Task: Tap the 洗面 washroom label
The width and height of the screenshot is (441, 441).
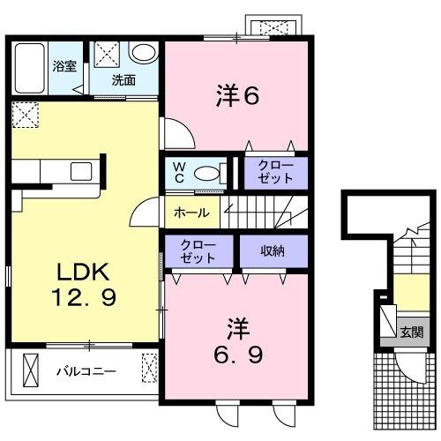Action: (123, 79)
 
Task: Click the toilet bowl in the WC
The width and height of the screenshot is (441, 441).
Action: (208, 173)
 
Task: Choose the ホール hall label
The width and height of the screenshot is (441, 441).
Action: (191, 213)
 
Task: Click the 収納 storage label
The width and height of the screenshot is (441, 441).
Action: (273, 251)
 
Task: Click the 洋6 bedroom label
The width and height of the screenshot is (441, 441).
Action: (237, 95)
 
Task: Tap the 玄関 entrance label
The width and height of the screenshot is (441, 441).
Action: (410, 333)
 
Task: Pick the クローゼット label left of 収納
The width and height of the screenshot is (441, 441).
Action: (198, 250)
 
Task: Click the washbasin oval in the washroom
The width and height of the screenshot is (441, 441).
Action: (142, 53)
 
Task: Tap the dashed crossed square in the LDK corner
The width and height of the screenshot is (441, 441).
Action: (25, 114)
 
